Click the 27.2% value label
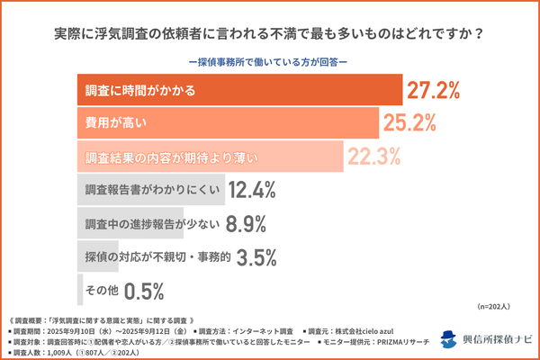(x=435, y=90)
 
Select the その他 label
(x=100, y=291)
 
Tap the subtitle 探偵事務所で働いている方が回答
(x=270, y=62)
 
